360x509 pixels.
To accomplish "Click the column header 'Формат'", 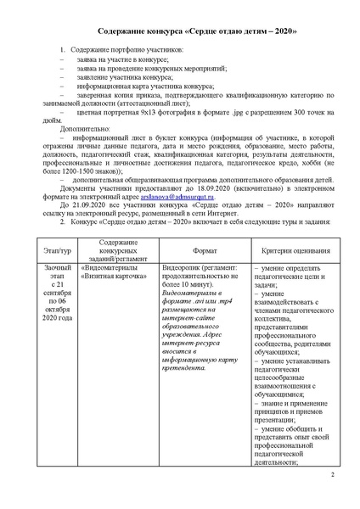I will pyautogui.click(x=204, y=252).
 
